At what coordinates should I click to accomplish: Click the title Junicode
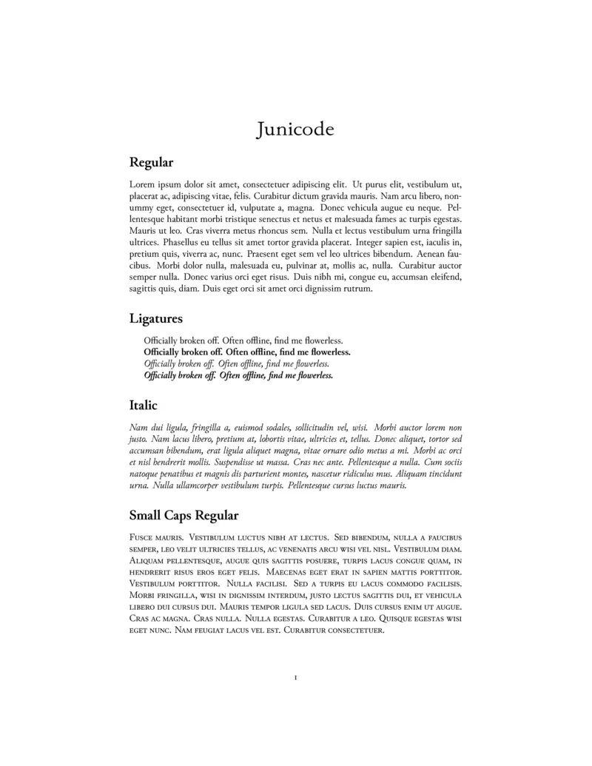click(295, 130)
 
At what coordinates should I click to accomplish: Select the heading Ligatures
click(155, 319)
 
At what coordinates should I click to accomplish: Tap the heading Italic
click(143, 406)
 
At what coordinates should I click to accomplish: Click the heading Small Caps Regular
click(184, 514)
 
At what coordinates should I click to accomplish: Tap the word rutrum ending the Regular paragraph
click(356, 289)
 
